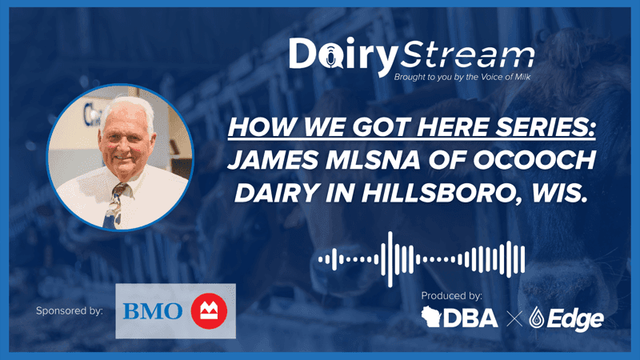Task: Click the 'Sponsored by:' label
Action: point(70,310)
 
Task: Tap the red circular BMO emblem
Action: point(209,310)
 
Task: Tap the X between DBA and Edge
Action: point(514,320)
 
